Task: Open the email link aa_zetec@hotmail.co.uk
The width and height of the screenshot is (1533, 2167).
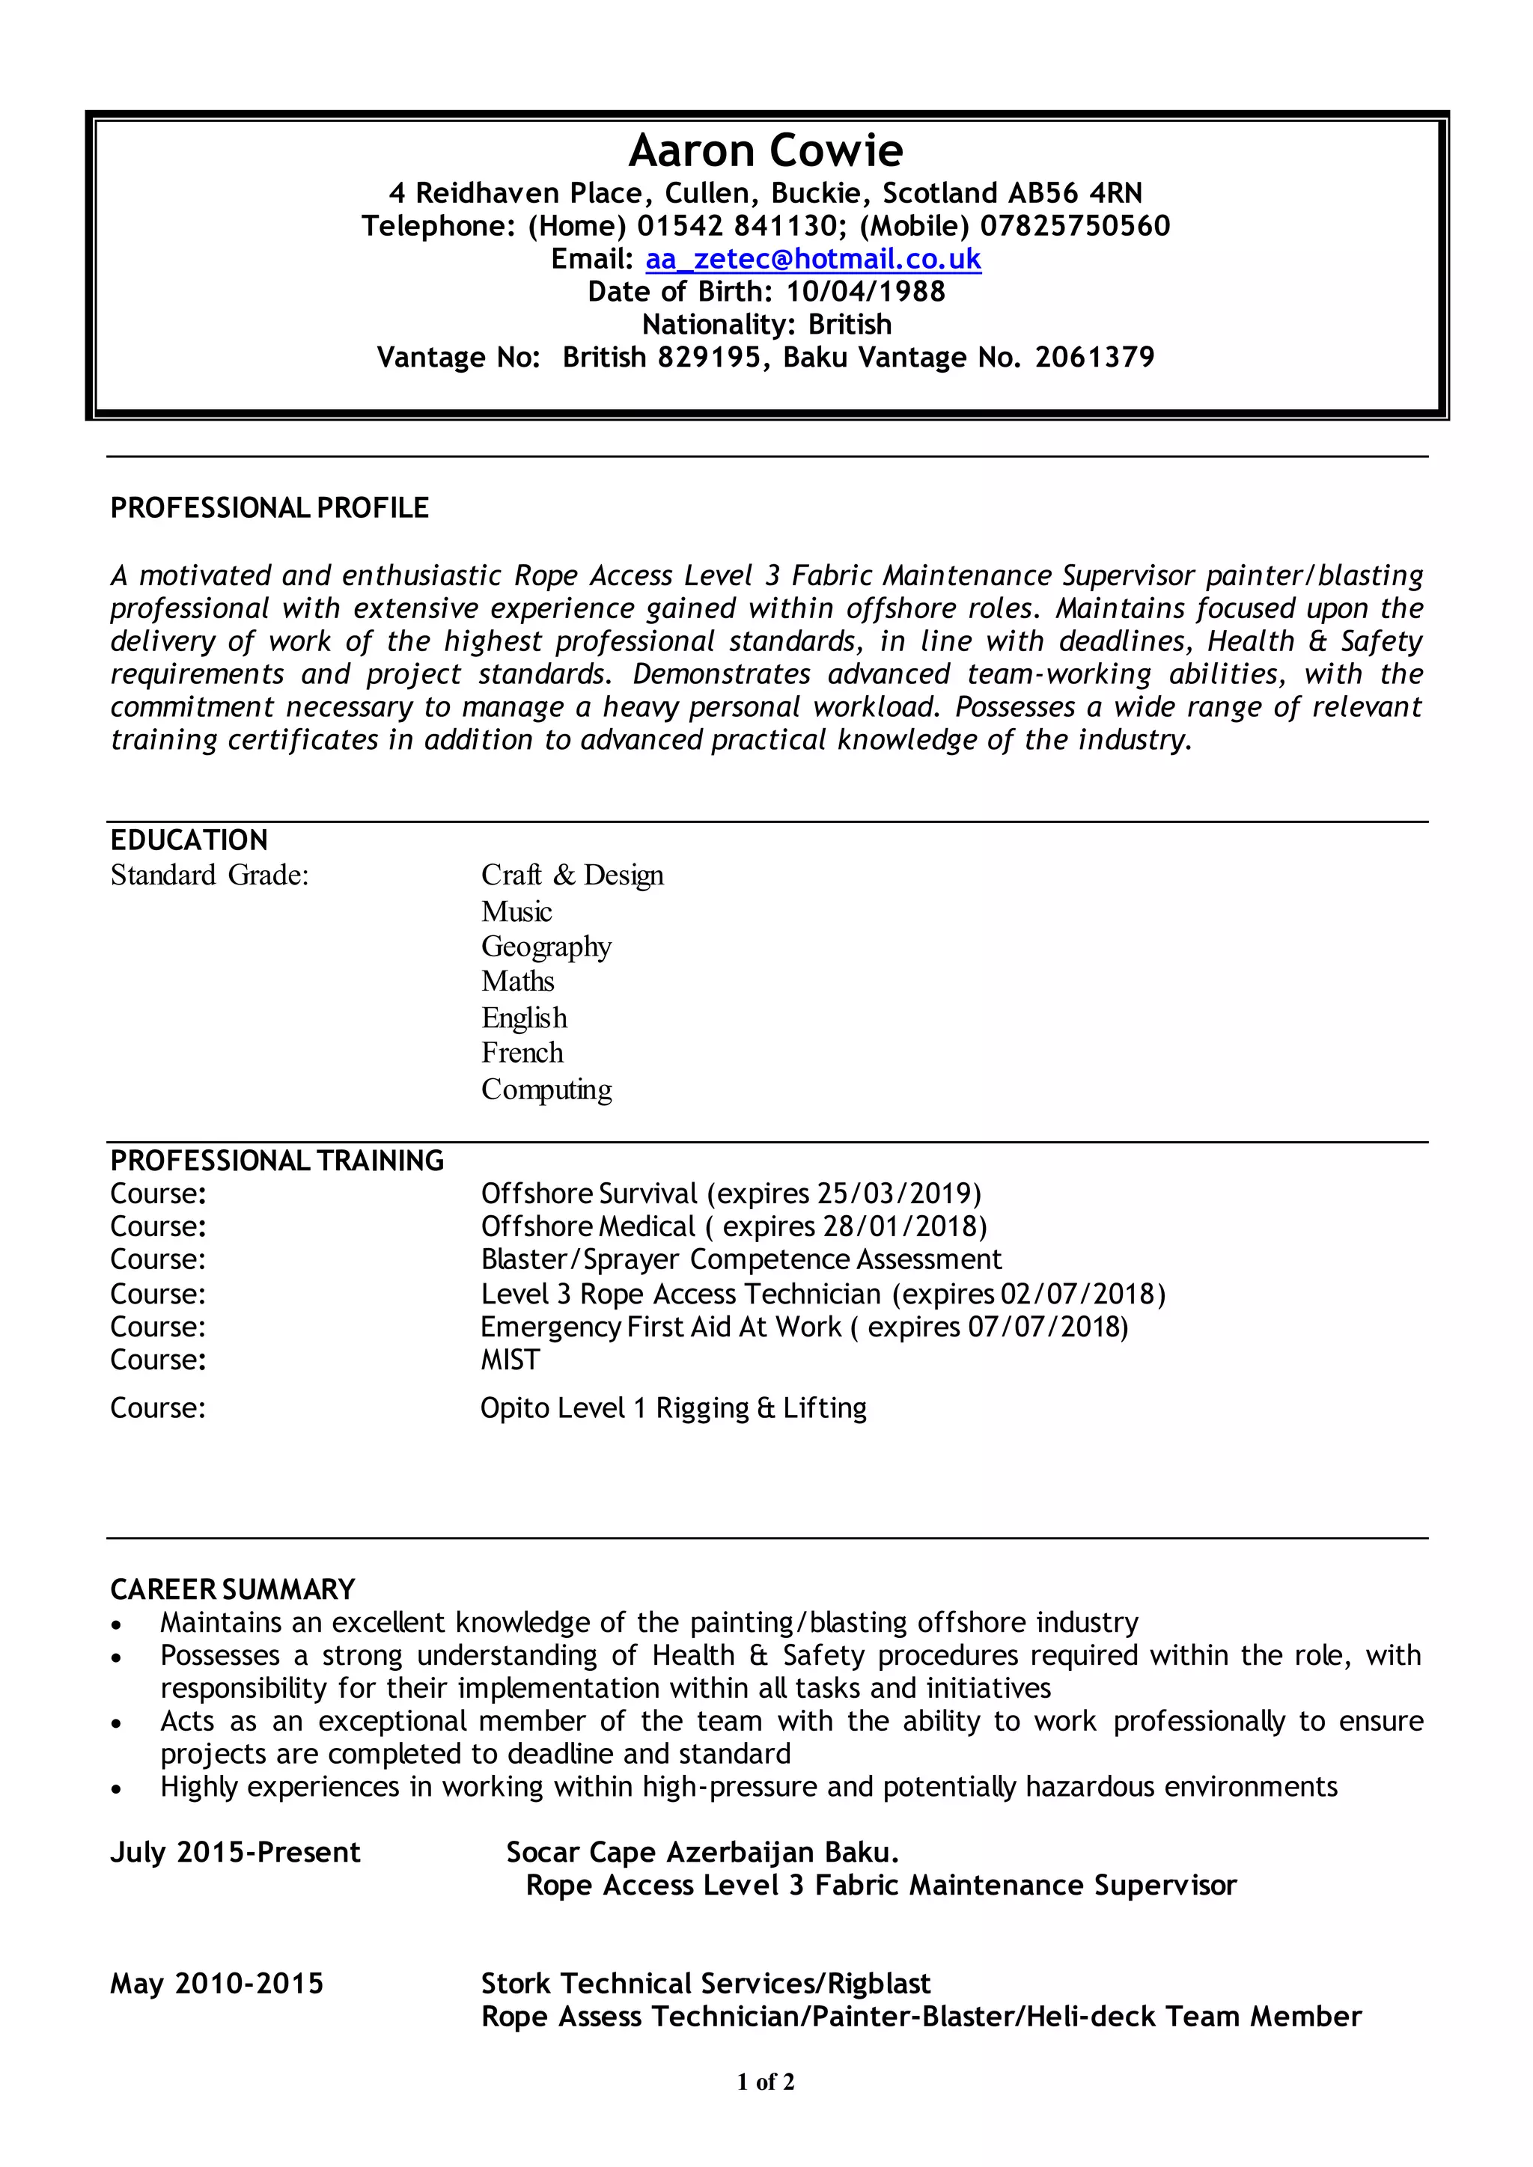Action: click(813, 259)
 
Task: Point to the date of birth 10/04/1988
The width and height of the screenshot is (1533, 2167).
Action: click(865, 292)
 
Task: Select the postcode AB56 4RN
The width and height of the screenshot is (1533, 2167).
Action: click(1074, 194)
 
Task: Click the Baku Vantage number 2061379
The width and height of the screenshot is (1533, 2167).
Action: click(1094, 358)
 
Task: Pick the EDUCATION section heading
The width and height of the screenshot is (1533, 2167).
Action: click(189, 840)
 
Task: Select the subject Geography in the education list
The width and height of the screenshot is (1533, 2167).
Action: click(546, 947)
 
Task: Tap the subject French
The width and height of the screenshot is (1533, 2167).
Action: click(522, 1052)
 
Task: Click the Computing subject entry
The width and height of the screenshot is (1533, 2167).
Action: click(546, 1089)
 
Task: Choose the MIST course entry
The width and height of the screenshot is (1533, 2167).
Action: click(510, 1360)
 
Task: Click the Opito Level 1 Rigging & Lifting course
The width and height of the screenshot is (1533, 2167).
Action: click(673, 1408)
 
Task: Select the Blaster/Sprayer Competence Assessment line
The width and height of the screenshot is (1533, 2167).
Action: click(741, 1260)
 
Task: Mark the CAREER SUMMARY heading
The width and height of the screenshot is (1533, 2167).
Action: click(232, 1589)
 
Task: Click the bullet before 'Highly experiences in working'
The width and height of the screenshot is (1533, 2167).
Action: click(116, 1788)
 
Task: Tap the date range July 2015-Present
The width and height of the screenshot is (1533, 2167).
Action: click(235, 1853)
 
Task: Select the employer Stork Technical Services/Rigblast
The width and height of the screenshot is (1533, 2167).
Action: click(705, 1984)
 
